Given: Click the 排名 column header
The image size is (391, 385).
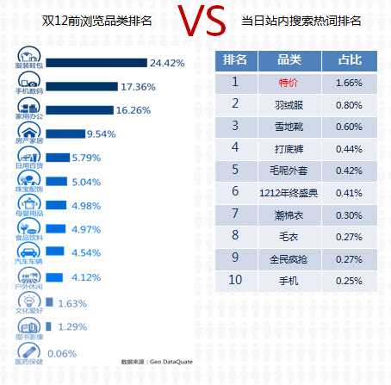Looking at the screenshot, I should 235,60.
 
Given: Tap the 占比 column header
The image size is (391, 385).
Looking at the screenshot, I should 350,60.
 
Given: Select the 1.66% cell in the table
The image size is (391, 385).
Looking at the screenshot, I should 350,83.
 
